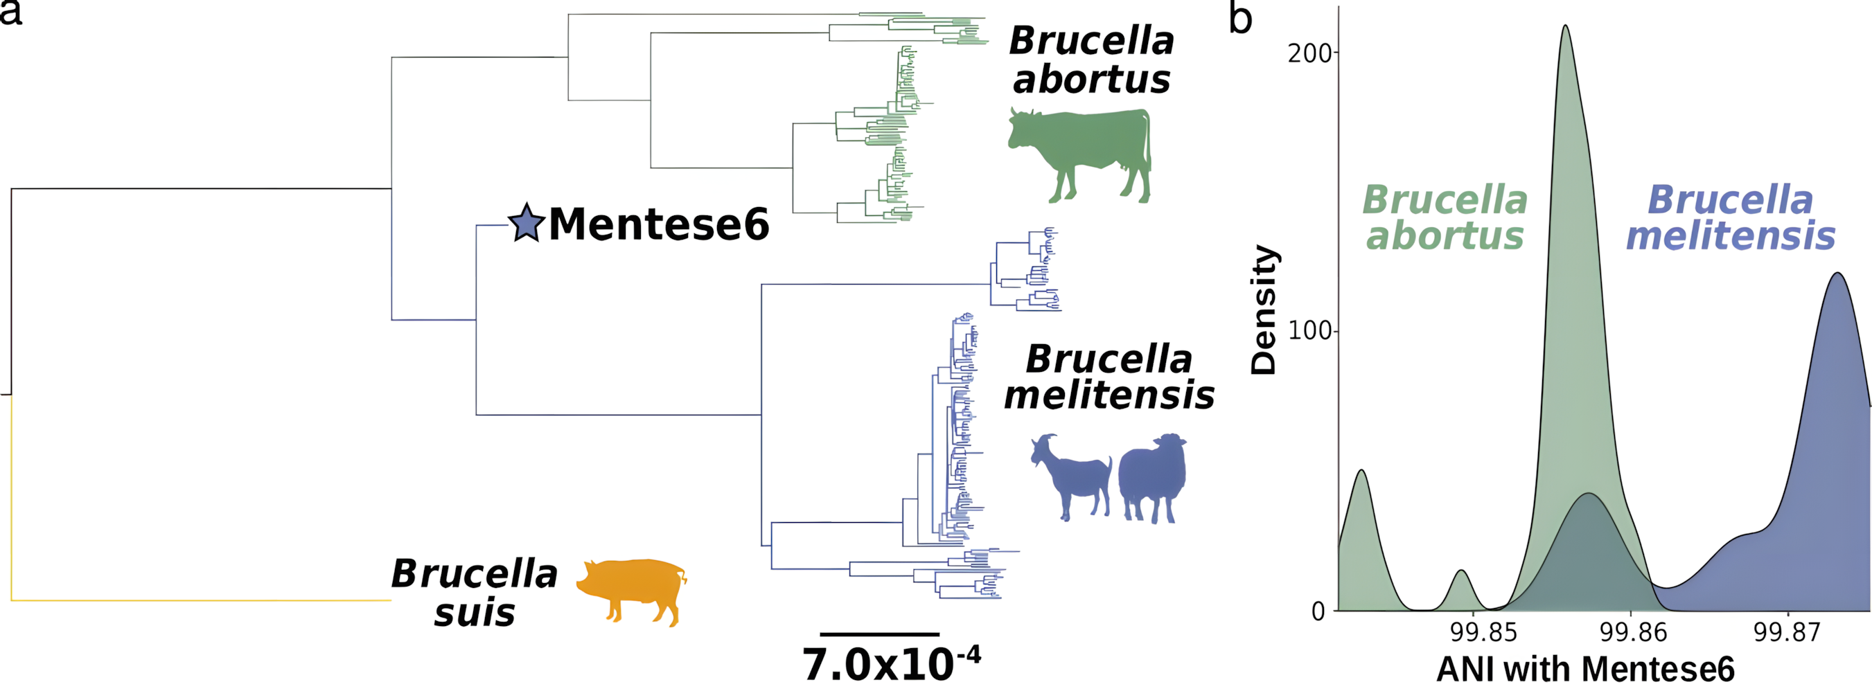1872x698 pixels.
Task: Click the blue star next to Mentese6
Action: click(526, 224)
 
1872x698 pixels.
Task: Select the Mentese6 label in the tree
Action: click(658, 224)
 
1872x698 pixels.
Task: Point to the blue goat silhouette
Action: click(1070, 476)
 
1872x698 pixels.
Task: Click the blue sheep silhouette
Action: click(1153, 476)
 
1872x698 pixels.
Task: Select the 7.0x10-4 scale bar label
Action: click(891, 664)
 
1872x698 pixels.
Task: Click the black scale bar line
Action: click(879, 634)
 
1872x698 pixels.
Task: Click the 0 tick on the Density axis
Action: click(1318, 611)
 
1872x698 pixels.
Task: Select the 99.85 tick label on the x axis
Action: click(1483, 632)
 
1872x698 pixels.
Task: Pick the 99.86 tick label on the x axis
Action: click(1633, 632)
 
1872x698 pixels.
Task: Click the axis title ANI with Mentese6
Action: click(1585, 669)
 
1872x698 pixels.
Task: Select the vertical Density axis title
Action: click(1263, 310)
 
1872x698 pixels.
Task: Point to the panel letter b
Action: click(1240, 19)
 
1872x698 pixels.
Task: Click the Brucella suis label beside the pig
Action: click(475, 593)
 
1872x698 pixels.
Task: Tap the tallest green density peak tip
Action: click(1564, 26)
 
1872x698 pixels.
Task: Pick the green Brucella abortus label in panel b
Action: click(1445, 218)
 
